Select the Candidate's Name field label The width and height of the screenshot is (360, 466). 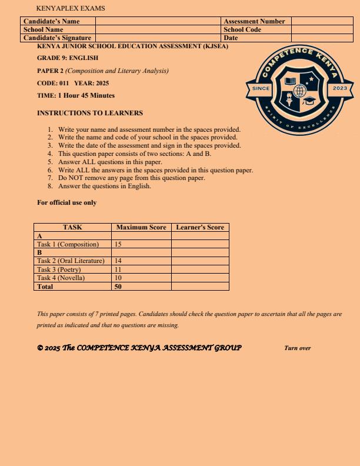pos(51,21)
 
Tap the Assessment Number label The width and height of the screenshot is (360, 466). pos(254,21)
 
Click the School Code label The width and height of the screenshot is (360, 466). pos(242,29)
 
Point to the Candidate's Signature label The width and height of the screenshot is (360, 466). pos(57,38)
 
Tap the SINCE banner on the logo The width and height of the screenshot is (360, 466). pos(260,88)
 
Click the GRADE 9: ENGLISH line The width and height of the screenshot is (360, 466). pos(68,58)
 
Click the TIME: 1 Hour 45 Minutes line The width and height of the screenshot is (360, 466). pos(76,95)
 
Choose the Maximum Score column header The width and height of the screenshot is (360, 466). pos(141,227)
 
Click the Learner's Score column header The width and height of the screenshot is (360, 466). pos(200,227)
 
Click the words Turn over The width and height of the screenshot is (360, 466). pos(297,348)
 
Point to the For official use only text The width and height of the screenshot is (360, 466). pos(67,203)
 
